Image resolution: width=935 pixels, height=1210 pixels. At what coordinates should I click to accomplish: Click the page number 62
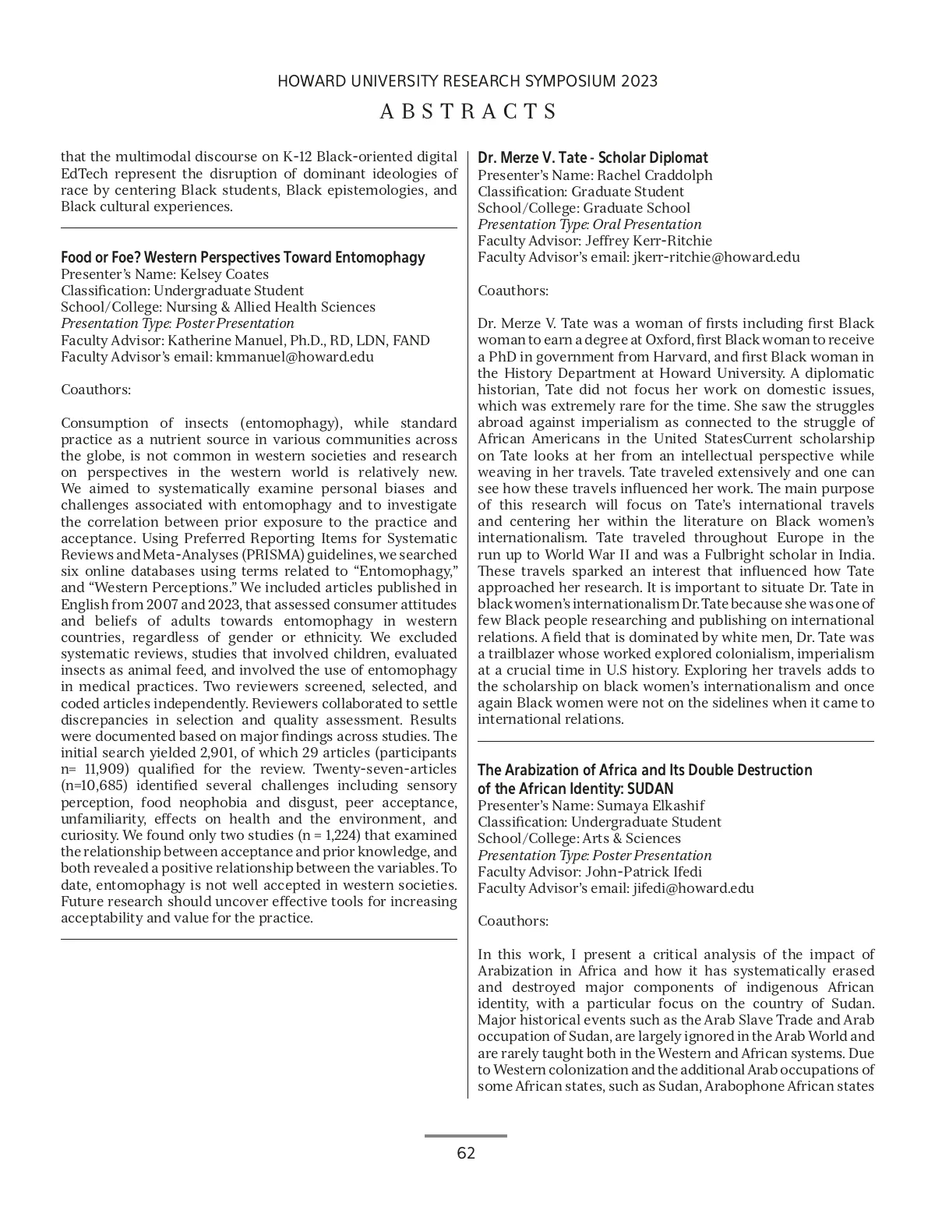pyautogui.click(x=466, y=1154)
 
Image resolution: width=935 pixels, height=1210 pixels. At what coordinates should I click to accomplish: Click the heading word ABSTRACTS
pyautogui.click(x=468, y=111)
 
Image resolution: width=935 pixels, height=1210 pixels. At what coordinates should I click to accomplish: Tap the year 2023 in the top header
pyautogui.click(x=640, y=81)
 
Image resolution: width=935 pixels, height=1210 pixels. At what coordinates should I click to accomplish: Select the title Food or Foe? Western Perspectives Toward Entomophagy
pyautogui.click(x=243, y=258)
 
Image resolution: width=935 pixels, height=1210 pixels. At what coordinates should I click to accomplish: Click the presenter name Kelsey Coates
pyautogui.click(x=224, y=274)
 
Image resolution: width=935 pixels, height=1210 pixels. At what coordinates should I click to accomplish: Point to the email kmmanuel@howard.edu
pyautogui.click(x=295, y=357)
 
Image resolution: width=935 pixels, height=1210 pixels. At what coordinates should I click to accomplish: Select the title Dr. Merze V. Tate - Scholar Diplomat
pyautogui.click(x=593, y=158)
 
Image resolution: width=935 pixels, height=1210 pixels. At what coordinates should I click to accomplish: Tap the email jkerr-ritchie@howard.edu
pyautogui.click(x=716, y=257)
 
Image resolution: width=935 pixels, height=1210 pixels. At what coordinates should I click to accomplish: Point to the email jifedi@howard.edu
pyautogui.click(x=693, y=888)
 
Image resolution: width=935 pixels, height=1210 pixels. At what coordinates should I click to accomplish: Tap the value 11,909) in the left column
pyautogui.click(x=102, y=769)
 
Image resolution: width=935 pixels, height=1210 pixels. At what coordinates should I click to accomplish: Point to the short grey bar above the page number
pyautogui.click(x=466, y=1136)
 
